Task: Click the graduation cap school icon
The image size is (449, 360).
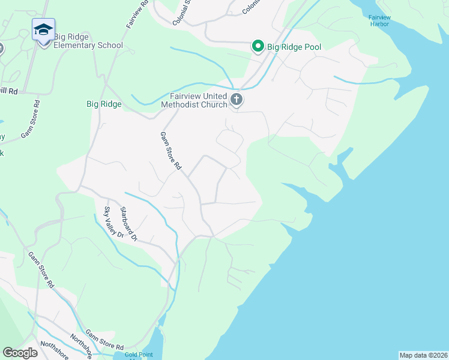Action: click(44, 30)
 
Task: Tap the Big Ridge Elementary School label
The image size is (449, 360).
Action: click(88, 41)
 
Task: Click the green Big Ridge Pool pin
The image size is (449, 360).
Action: click(258, 46)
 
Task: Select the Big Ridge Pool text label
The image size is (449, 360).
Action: click(295, 47)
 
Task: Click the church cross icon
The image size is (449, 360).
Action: click(237, 100)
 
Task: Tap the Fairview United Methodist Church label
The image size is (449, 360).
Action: click(194, 100)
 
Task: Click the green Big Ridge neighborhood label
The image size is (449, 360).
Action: click(104, 104)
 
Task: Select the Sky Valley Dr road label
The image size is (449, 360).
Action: click(114, 223)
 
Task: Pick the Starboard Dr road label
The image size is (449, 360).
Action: click(129, 224)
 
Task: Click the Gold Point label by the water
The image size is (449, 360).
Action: click(138, 355)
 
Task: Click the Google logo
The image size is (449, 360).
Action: click(20, 353)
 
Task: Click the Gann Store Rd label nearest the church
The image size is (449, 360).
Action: click(170, 151)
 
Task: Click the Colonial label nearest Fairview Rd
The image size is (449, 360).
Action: click(182, 13)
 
